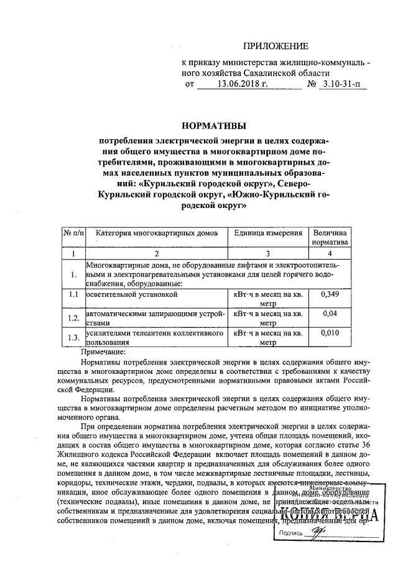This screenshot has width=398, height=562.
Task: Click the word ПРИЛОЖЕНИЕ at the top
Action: click(275, 45)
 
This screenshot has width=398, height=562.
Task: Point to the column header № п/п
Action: click(73, 233)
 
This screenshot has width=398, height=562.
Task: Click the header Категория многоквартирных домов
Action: click(157, 233)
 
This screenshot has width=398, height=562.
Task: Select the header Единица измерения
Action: click(268, 233)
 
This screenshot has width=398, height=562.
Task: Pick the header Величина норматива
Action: click(331, 238)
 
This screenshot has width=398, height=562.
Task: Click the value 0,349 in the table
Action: click(331, 294)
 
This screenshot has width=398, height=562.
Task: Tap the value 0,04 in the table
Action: click(331, 314)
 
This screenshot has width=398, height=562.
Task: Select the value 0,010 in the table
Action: click(331, 333)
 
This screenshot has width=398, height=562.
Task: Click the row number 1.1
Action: click(73, 294)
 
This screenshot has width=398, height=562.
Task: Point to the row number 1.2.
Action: click(73, 319)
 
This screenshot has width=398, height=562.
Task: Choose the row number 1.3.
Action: click(73, 338)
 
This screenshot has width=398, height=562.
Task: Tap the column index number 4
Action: click(331, 253)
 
